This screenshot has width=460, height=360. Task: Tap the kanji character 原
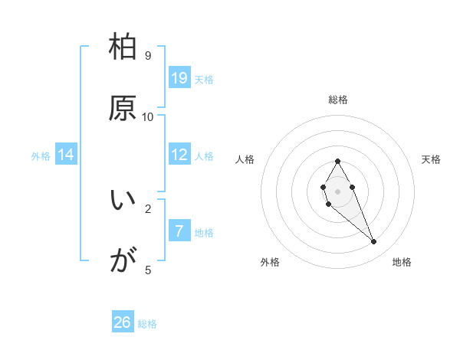pos(123,108)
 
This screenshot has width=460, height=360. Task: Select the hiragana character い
pos(123,201)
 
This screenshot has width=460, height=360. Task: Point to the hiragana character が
pos(123,262)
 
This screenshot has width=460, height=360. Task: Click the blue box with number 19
pos(179,77)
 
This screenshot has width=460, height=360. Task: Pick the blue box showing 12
pos(179,155)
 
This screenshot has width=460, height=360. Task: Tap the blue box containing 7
pos(179,231)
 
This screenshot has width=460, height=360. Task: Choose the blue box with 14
pos(66,155)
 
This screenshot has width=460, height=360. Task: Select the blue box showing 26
pos(123,322)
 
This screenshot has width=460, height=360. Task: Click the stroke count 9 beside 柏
pos(148,56)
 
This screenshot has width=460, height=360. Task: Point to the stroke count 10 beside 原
pos(148,116)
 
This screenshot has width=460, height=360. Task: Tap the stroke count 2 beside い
pos(148,208)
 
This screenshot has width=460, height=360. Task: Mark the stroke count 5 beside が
pos(148,270)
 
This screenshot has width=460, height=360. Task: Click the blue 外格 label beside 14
pos(41,155)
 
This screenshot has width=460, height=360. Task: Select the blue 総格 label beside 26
pos(147,324)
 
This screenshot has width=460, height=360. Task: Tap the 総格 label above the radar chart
pos(338,100)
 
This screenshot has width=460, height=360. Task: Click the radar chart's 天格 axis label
pos(432,159)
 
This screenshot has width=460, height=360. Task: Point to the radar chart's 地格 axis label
pos(402,262)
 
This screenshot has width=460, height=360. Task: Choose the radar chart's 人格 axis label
pos(245,159)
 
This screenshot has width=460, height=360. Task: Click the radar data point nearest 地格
pos(374,242)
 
